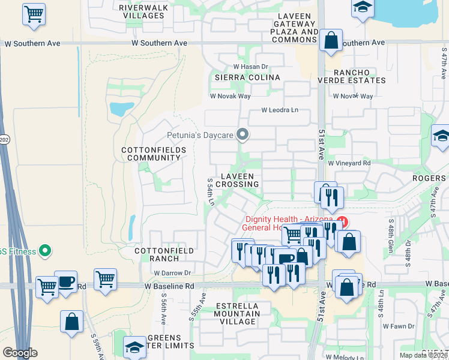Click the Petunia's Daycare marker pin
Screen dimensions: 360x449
[x=243, y=134]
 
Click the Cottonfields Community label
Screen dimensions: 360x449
[x=153, y=154]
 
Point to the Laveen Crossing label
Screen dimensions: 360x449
[x=240, y=180]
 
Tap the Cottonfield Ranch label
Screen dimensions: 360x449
[x=156, y=254]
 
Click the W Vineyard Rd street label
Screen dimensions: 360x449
[x=349, y=163]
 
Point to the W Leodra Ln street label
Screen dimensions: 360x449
[x=280, y=110]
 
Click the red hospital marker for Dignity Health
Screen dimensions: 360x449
[x=342, y=220]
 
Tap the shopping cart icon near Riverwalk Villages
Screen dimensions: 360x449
[x=34, y=13]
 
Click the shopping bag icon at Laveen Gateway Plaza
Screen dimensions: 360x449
[x=331, y=41]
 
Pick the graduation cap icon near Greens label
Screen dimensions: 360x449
[x=134, y=346]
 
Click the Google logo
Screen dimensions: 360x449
[x=20, y=353]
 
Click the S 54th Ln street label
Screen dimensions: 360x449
[x=211, y=192]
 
